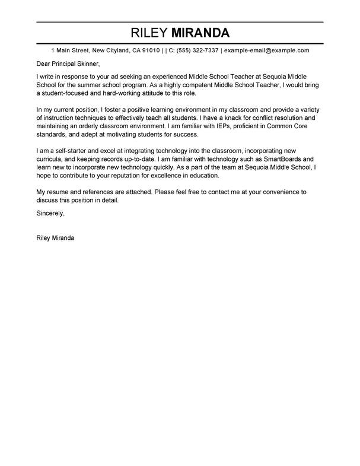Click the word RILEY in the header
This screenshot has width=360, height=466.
tap(151, 33)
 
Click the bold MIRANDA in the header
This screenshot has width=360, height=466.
tap(200, 33)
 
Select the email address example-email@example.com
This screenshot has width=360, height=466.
tap(267, 51)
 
